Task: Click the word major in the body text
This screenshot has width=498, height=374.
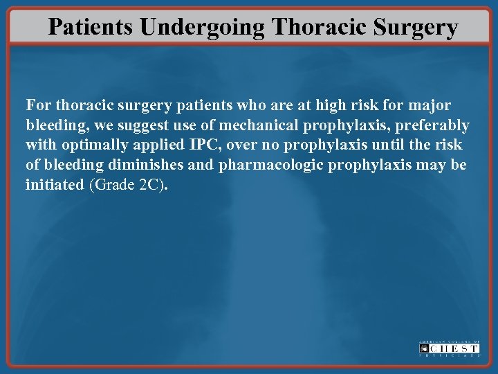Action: point(430,106)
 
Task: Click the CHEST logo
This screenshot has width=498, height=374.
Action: point(450,348)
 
